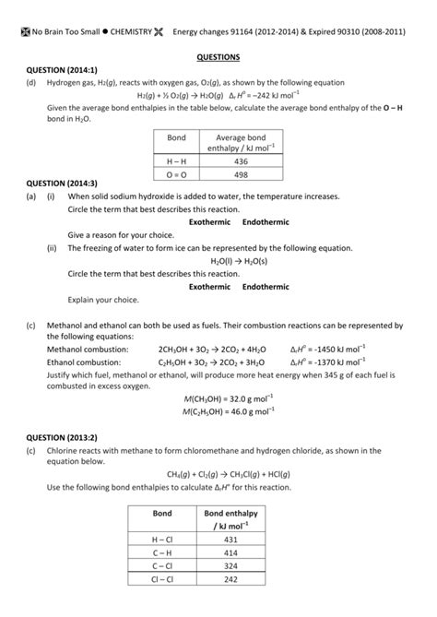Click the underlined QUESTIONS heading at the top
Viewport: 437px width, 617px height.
218,56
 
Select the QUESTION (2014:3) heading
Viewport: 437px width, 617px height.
62,183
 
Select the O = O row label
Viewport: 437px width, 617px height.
176,172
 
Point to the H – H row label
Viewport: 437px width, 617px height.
176,160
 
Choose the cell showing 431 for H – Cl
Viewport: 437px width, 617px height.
230,540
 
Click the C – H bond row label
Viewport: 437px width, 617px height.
162,552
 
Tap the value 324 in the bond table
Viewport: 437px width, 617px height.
230,565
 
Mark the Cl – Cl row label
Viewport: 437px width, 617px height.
162,579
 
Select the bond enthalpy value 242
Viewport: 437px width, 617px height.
230,579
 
